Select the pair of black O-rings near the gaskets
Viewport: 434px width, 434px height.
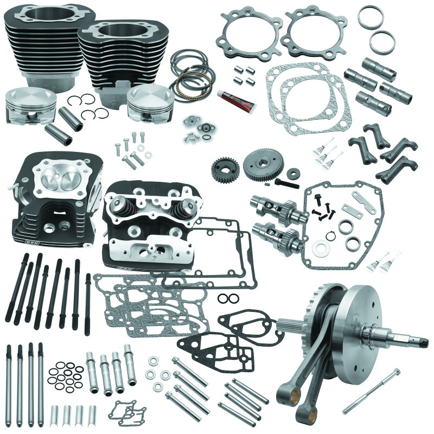point(226,298)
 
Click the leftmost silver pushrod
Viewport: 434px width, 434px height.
point(9,382)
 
